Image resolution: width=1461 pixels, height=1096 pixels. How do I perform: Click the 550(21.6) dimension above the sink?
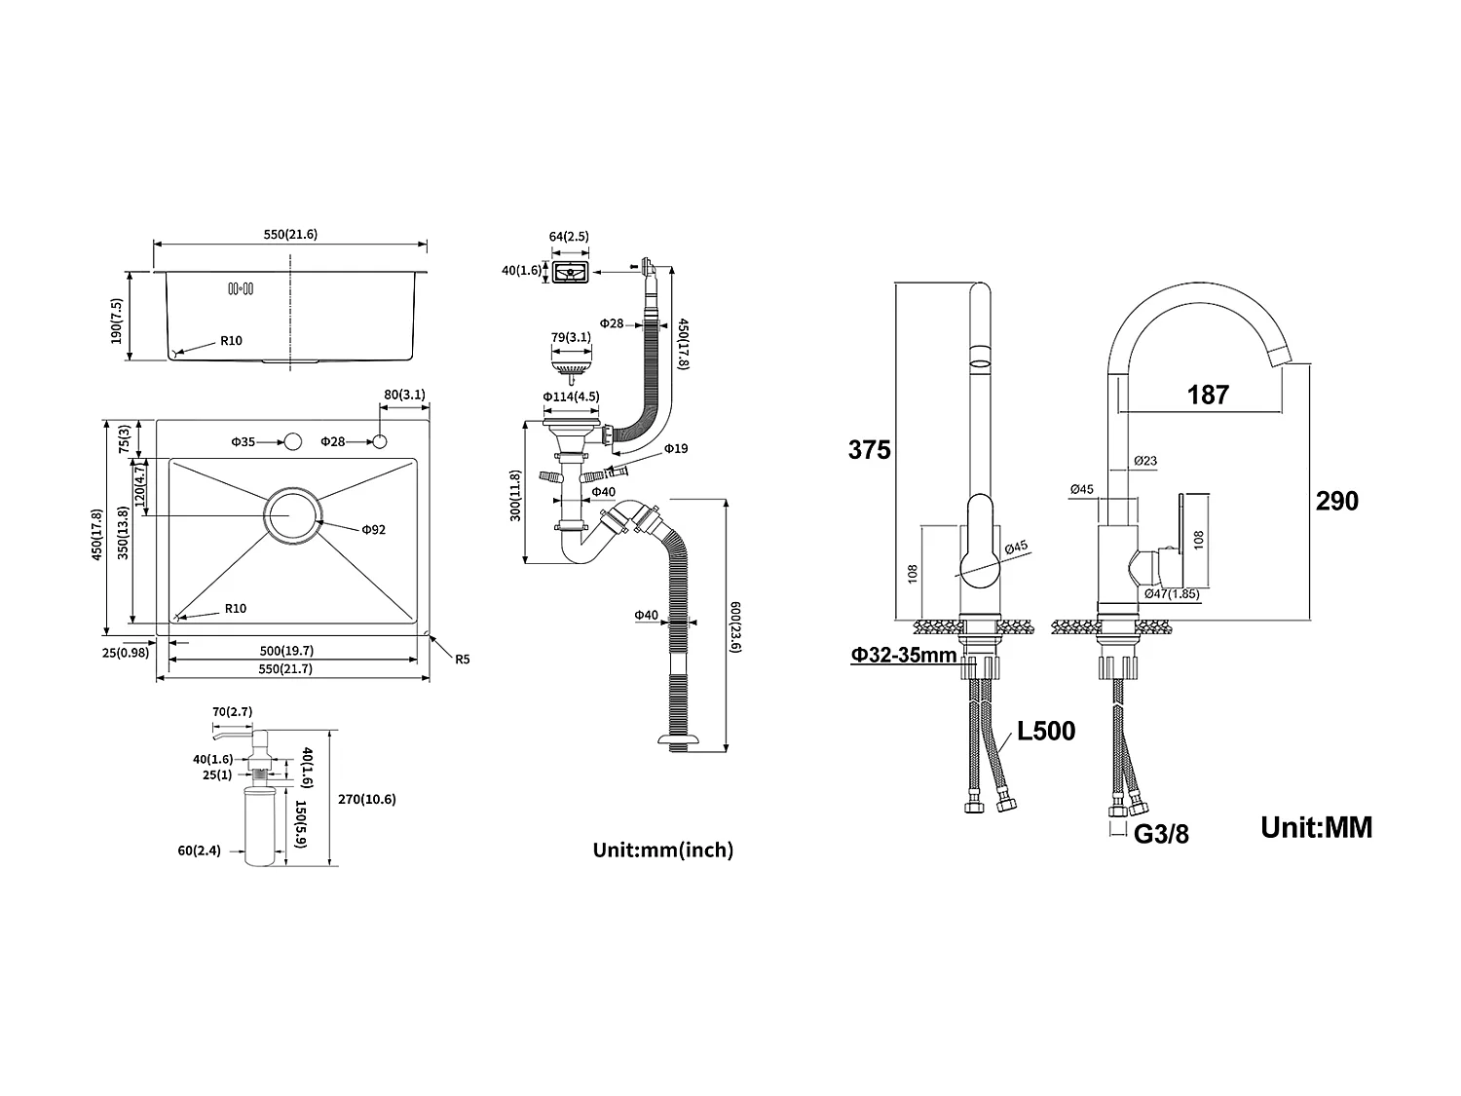coord(290,234)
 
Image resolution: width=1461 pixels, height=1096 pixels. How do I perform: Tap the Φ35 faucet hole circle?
coord(292,441)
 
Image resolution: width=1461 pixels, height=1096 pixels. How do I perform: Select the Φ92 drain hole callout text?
coord(373,530)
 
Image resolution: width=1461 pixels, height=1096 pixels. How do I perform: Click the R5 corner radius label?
coord(462,659)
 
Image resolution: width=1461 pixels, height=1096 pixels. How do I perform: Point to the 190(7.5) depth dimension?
coord(117,321)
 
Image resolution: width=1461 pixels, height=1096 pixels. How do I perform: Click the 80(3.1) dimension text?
coord(404,395)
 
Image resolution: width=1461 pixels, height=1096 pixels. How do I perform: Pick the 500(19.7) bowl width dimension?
coord(286,650)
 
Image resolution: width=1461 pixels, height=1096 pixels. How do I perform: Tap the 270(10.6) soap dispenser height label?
coord(367,799)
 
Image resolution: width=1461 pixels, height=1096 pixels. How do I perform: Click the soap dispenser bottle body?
coord(260,826)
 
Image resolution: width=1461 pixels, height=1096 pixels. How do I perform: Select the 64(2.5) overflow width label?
coord(569,236)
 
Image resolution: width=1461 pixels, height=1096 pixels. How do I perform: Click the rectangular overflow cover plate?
coord(571,273)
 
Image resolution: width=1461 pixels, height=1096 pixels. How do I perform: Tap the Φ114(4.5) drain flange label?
coord(571,397)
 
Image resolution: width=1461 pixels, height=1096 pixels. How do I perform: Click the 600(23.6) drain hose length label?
coord(734,626)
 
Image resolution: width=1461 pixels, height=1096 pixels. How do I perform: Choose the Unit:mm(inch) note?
coord(663,850)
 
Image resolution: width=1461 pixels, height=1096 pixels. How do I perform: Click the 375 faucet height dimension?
coord(869,450)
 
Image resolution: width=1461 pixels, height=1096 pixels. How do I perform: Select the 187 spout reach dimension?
coord(1208,395)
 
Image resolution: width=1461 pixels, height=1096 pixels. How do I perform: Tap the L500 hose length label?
coord(1046,732)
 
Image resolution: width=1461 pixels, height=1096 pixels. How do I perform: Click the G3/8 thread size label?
coord(1161,834)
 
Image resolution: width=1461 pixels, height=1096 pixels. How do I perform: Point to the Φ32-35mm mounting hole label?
coord(904,656)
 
